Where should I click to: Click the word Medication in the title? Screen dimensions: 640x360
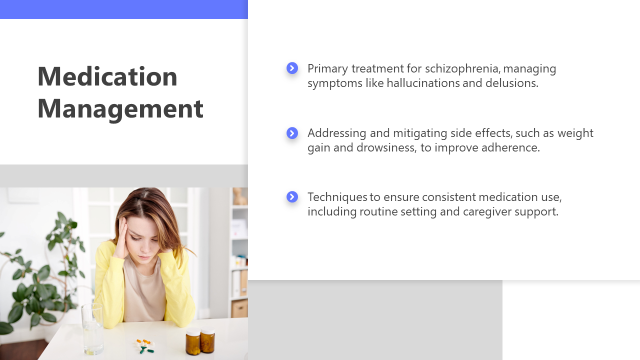(107, 76)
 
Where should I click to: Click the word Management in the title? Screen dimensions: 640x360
(120, 109)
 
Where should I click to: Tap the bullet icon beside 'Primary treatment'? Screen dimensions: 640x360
(292, 68)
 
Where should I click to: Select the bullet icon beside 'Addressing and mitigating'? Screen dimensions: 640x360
(292, 133)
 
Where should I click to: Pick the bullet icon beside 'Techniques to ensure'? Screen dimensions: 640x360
(292, 197)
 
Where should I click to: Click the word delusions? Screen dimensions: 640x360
(512, 83)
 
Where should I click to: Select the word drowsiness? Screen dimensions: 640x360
(386, 147)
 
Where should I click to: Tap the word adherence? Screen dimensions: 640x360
(511, 147)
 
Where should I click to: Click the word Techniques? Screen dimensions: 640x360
(337, 197)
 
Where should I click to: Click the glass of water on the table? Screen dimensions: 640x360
(92, 329)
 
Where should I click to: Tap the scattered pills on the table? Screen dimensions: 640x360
(145, 346)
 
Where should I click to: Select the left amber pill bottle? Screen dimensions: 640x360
(193, 341)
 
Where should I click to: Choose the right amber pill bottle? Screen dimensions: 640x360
(207, 340)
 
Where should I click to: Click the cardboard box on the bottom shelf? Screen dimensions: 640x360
(239, 308)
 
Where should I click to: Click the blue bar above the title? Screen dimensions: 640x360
(124, 9)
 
